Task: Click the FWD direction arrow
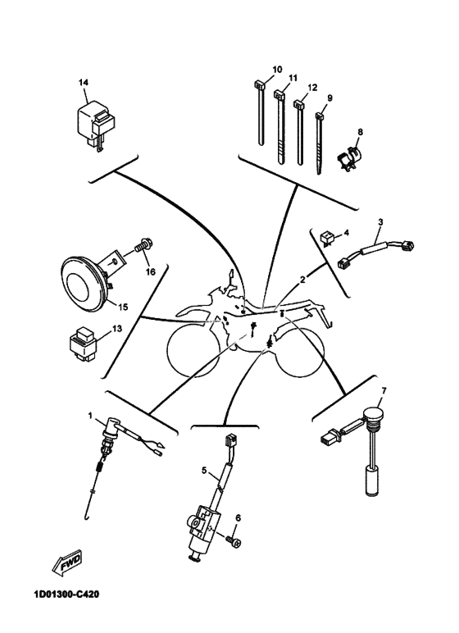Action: pyautogui.click(x=66, y=562)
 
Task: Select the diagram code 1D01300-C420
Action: pyautogui.click(x=66, y=594)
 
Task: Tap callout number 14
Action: pyautogui.click(x=83, y=82)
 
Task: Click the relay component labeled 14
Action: pyautogui.click(x=95, y=124)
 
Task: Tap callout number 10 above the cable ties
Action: pyautogui.click(x=277, y=70)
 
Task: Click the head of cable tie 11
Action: pyautogui.click(x=279, y=95)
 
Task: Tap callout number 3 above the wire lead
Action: pyautogui.click(x=380, y=222)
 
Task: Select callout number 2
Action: pyautogui.click(x=302, y=280)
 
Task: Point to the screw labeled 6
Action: pyautogui.click(x=233, y=542)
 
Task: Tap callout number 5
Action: pyautogui.click(x=204, y=471)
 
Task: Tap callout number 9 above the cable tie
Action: pyautogui.click(x=329, y=98)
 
